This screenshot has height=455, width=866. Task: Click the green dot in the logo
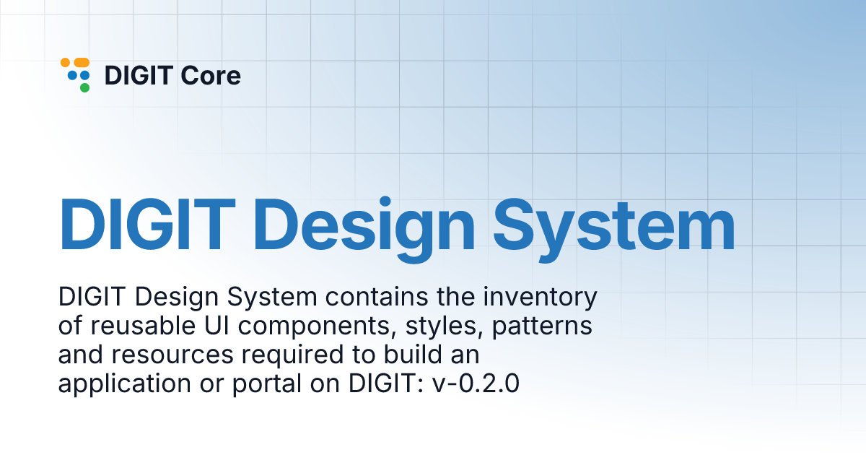(x=84, y=88)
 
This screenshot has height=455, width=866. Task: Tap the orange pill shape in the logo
(x=81, y=63)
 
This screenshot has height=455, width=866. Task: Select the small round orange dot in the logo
(x=64, y=63)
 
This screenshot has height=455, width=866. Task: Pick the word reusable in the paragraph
(x=142, y=326)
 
